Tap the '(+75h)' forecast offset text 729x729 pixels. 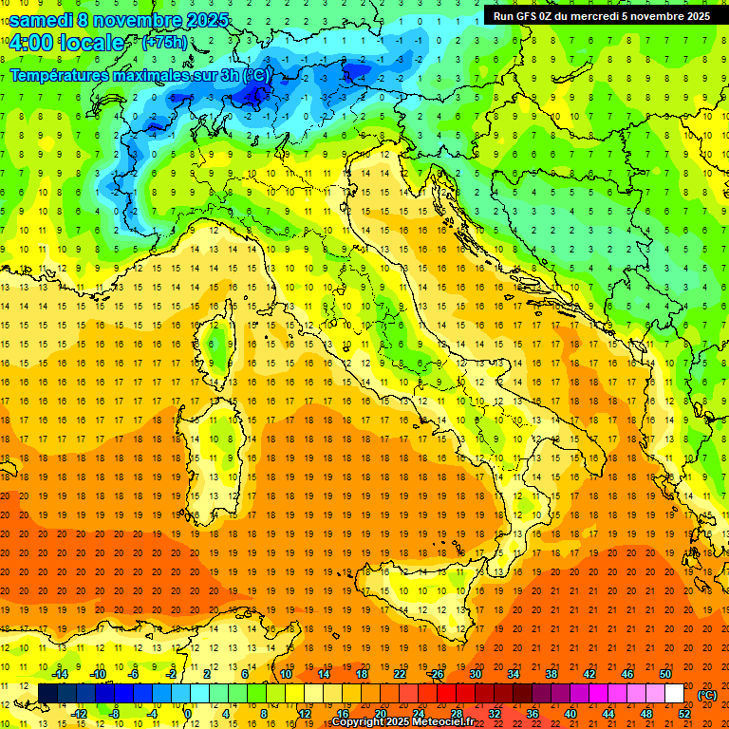click(x=164, y=42)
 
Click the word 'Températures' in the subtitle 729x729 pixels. click(x=56, y=74)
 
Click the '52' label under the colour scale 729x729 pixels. click(x=684, y=713)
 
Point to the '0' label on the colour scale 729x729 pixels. click(x=188, y=713)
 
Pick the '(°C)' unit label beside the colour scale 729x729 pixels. click(x=707, y=695)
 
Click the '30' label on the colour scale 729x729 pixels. click(x=475, y=674)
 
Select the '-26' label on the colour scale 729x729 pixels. click(x=436, y=674)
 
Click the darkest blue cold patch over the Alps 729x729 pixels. click(x=254, y=91)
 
